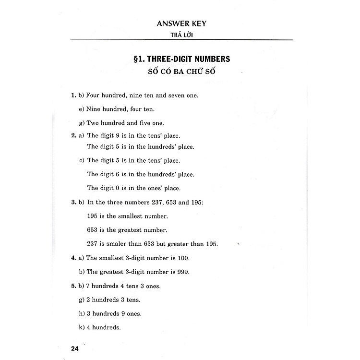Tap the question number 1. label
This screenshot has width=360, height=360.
click(x=73, y=95)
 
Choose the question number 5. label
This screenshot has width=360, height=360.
click(x=73, y=286)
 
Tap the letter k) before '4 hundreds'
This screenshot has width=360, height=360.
click(x=82, y=328)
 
